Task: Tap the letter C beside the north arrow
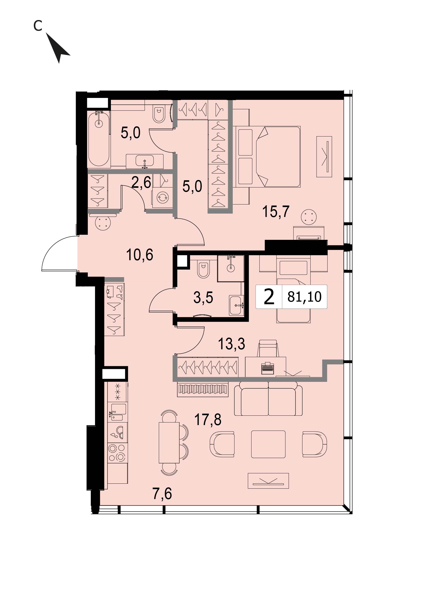coord(38,26)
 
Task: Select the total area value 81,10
coord(304,297)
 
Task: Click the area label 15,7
coord(276,211)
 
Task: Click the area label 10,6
coord(140,255)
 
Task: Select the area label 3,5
coord(203,298)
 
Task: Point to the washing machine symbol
coord(162,198)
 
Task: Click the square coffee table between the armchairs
coord(268,444)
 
